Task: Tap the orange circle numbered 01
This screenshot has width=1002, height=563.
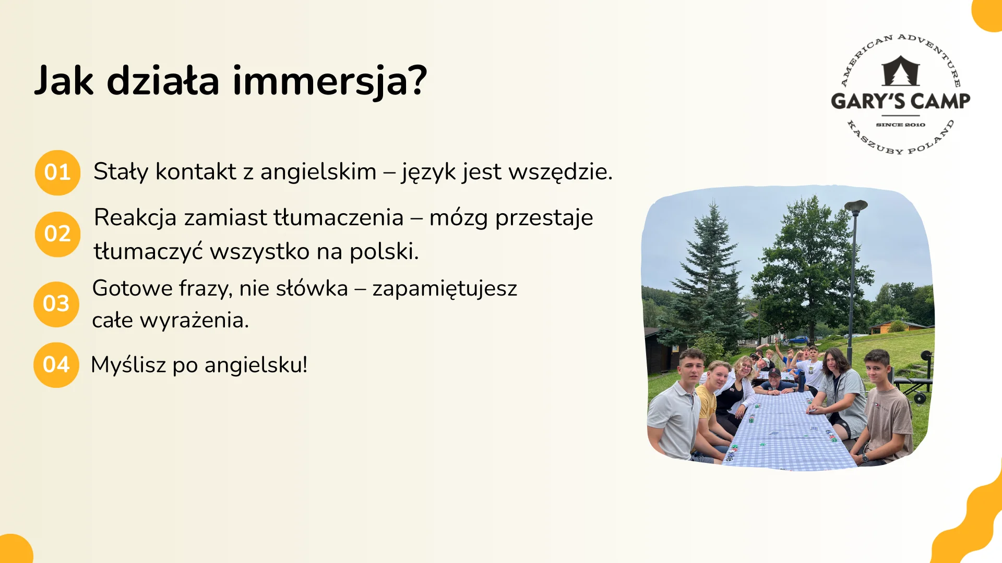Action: click(57, 173)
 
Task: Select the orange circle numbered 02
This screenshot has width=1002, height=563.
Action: click(57, 234)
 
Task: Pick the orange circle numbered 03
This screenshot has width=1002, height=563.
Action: click(56, 304)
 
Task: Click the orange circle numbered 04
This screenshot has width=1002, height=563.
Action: click(56, 365)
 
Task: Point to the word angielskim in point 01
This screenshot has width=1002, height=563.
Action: click(318, 172)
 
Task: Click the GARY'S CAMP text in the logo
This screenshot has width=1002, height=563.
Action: click(900, 101)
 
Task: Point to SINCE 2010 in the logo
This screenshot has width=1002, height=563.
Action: click(900, 125)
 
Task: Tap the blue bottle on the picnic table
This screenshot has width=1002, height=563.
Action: click(801, 381)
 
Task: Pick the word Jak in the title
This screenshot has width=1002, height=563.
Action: click(64, 81)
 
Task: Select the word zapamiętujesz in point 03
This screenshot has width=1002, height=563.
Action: click(445, 289)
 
